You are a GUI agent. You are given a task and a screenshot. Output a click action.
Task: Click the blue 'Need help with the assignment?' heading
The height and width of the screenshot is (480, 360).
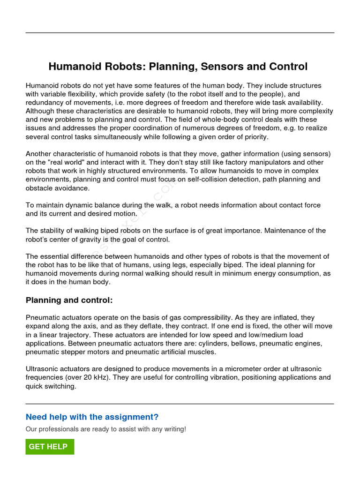(x=92, y=417)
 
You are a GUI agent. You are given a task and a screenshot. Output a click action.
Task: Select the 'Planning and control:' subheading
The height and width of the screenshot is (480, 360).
(x=69, y=300)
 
